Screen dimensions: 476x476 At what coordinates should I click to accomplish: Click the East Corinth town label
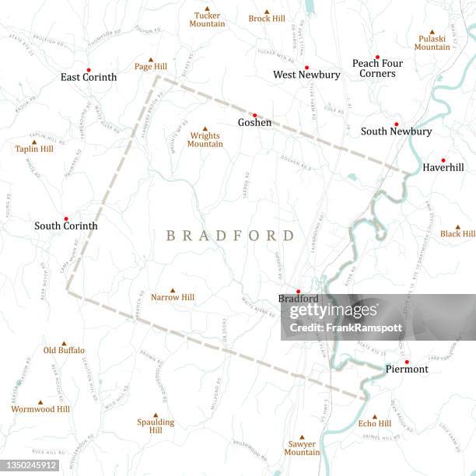point(89,77)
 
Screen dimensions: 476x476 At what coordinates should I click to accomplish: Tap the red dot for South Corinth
point(66,219)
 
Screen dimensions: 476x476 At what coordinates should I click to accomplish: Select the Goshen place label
point(254,122)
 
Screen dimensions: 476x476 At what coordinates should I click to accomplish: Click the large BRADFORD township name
point(230,236)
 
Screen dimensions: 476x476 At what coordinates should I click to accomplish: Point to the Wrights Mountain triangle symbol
point(205,129)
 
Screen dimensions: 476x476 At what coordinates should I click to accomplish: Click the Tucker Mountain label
point(207,19)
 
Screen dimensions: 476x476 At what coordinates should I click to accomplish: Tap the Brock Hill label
point(267,19)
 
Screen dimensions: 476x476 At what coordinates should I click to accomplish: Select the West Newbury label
point(306,75)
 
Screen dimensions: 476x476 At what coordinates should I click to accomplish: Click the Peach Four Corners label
point(377,68)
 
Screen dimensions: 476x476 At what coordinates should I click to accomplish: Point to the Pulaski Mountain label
point(432,42)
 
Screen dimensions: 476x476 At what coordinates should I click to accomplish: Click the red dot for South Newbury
point(396,124)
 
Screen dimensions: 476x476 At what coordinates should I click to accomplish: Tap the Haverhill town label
point(443,167)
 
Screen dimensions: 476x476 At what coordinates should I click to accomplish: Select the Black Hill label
point(457,233)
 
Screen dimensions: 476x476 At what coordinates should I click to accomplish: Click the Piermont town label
point(407,369)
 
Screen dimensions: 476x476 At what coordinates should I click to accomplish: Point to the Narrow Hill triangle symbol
point(173,291)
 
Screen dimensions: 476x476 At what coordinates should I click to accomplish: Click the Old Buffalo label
point(64,350)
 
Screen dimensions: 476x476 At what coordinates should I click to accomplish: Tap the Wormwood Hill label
point(40,409)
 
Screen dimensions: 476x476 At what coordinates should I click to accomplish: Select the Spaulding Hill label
point(156,425)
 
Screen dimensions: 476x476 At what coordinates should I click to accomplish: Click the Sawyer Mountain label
point(302,448)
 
